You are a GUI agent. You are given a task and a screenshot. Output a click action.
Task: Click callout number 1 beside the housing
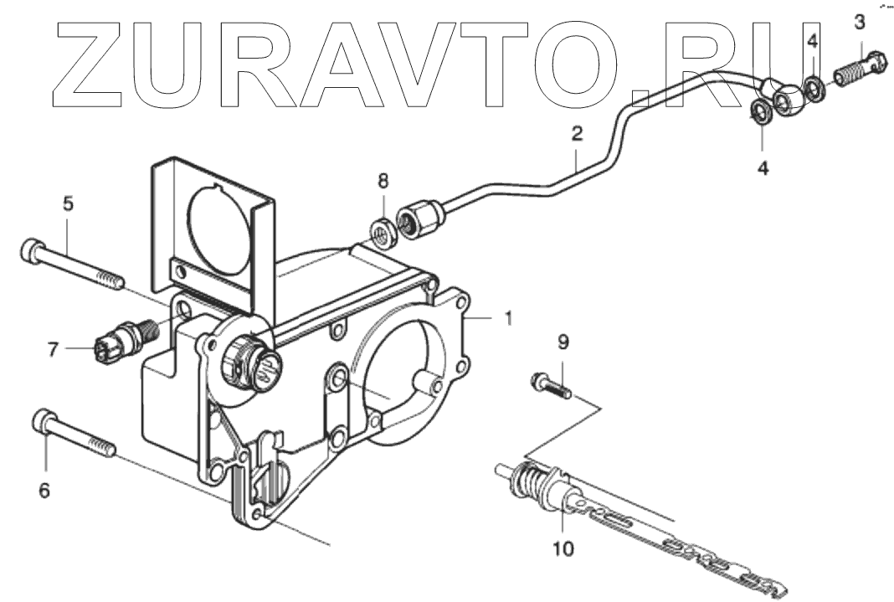click(508, 318)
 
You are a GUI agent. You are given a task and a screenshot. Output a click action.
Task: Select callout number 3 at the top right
click(859, 22)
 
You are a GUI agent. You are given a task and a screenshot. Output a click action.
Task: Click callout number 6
click(44, 490)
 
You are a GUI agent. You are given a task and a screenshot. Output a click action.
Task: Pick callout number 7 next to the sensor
click(53, 349)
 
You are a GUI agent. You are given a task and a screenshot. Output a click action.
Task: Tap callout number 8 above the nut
click(383, 180)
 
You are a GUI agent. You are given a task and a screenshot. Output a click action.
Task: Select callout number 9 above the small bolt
click(563, 342)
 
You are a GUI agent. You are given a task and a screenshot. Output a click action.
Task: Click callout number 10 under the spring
click(563, 549)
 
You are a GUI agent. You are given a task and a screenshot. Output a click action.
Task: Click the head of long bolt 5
click(33, 249)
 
